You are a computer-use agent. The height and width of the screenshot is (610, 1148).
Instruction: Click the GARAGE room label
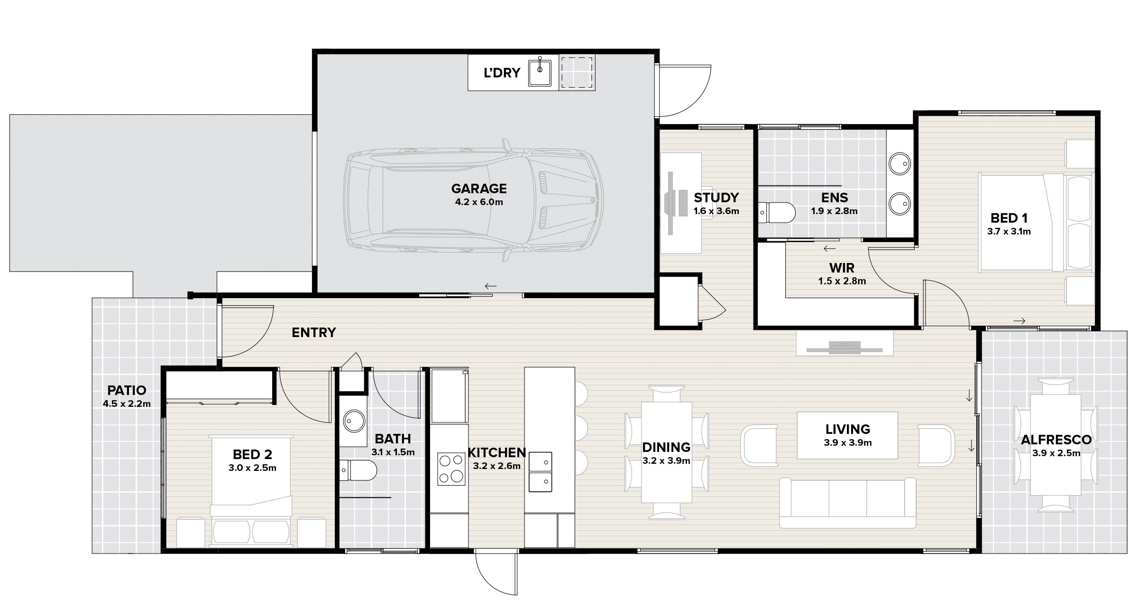click(x=479, y=188)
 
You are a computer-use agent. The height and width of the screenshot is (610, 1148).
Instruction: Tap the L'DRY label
click(x=502, y=73)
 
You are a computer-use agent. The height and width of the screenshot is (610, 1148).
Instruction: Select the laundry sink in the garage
click(x=540, y=72)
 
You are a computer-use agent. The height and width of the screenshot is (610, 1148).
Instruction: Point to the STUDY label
click(x=716, y=197)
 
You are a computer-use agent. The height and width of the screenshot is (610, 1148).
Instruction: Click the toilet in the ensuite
click(x=776, y=213)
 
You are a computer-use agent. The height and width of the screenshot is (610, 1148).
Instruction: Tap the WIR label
click(x=842, y=268)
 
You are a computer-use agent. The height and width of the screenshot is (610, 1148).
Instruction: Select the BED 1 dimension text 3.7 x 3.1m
click(x=1009, y=232)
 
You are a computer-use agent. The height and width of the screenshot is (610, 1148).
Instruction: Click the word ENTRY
click(x=314, y=332)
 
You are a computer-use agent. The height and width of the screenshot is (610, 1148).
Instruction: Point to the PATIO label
click(x=127, y=391)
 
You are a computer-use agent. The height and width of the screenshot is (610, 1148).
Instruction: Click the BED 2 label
click(x=252, y=455)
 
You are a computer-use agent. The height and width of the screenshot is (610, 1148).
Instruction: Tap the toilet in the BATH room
click(x=358, y=470)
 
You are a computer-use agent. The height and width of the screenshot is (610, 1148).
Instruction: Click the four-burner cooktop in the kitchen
click(x=451, y=469)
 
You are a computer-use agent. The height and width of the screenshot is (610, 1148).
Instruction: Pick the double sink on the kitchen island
click(x=540, y=472)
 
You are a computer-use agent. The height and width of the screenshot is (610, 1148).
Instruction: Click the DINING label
click(x=666, y=447)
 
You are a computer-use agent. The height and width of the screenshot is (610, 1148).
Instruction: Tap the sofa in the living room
click(x=848, y=503)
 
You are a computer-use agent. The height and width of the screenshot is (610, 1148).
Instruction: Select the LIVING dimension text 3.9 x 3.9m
click(x=848, y=443)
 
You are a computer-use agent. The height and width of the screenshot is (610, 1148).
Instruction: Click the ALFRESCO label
click(x=1056, y=440)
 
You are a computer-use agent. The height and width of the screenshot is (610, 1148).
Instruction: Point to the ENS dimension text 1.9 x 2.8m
click(x=834, y=211)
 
